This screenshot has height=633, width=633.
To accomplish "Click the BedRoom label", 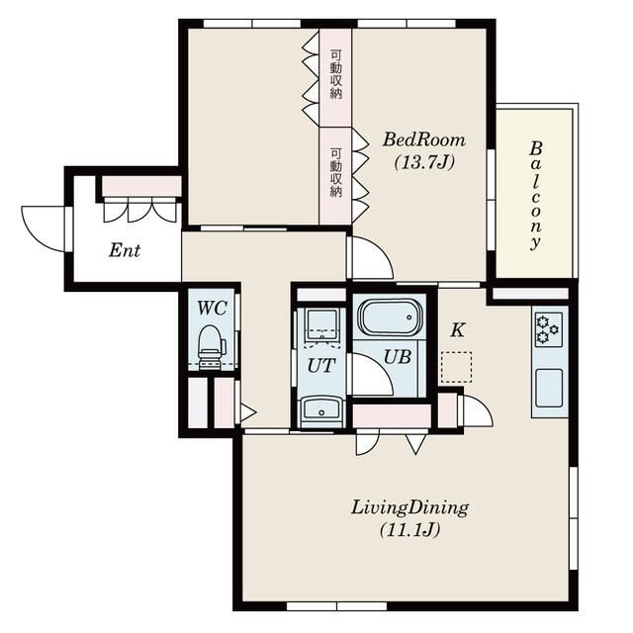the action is point(424,140).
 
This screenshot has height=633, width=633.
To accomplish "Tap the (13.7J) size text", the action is point(424,162).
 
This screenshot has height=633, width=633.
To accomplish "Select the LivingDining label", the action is point(409,507).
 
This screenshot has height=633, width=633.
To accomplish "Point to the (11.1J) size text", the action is point(409,530).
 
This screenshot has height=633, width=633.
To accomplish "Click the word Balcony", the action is point(535,196).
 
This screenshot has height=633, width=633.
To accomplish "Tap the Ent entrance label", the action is point(125,250).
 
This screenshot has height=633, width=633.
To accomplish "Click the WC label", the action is point(212,309).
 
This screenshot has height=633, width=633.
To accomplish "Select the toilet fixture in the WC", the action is point(211,346).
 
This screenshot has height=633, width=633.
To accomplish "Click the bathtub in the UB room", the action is point(391,316).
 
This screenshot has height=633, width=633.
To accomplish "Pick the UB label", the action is point(398,357).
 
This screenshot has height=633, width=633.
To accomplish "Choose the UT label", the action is point(320,366).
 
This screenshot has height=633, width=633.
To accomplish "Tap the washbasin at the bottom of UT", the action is point(321,411).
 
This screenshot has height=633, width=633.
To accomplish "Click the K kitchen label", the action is point(457,330).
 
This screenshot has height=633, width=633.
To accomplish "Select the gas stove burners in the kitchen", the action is point(549,329).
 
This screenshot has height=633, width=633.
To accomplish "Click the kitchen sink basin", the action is point(549,388).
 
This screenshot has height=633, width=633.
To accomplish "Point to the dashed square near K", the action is point(457,367).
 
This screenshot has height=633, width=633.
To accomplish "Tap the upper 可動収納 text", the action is point(336,74).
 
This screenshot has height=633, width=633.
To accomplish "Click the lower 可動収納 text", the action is point(336,172).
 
